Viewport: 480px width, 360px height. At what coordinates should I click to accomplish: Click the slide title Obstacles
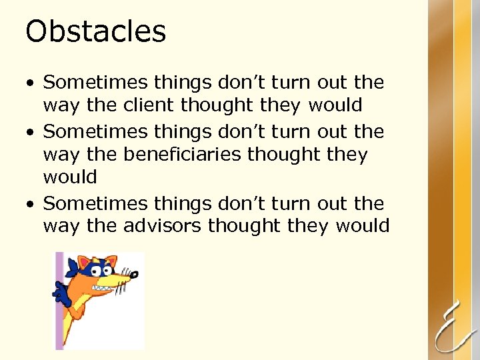(95, 32)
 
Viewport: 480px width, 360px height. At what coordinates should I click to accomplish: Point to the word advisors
(163, 226)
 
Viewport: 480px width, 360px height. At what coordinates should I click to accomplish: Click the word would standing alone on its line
(70, 177)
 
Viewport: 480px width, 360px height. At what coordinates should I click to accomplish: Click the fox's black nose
(135, 273)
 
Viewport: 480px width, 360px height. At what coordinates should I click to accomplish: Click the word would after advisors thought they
(363, 226)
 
